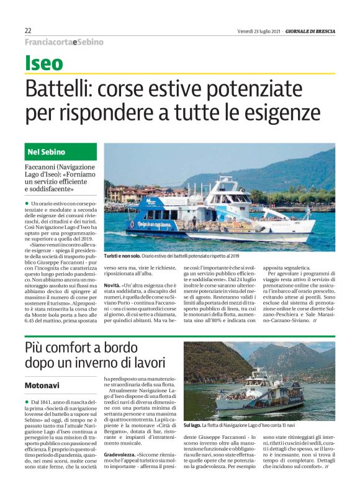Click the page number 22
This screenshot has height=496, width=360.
28,30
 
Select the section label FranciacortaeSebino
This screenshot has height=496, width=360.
64,42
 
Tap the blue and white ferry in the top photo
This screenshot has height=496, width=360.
211,214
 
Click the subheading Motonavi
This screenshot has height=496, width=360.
42,386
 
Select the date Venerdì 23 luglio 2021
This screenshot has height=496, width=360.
259,30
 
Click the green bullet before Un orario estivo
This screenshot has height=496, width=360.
27,203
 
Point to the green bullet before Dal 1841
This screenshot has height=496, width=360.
27,403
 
